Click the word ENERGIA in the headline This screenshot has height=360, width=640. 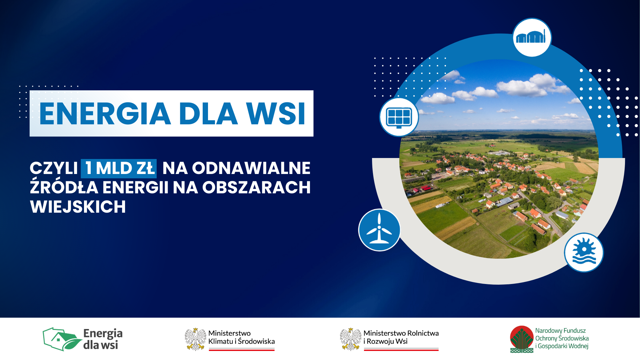pyautogui.click(x=105, y=114)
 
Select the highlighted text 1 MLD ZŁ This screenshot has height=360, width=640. pyautogui.click(x=119, y=168)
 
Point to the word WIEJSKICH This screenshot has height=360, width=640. pyautogui.click(x=78, y=207)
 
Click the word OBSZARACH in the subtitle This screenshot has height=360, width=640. pyautogui.click(x=256, y=187)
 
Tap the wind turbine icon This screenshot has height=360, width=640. pyautogui.click(x=379, y=230)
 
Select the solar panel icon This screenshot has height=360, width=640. pyautogui.click(x=399, y=117)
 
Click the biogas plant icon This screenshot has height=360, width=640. pyautogui.click(x=532, y=37)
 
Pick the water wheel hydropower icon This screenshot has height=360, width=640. pyautogui.click(x=584, y=252)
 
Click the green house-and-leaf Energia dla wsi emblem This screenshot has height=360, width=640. pyautogui.click(x=62, y=339)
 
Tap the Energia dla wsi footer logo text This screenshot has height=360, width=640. pyautogui.click(x=103, y=339)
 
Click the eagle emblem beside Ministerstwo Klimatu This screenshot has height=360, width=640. pyautogui.click(x=195, y=339)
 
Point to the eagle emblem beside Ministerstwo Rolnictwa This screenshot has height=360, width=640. pyautogui.click(x=350, y=339)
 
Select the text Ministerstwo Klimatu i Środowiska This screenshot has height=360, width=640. pyautogui.click(x=242, y=337)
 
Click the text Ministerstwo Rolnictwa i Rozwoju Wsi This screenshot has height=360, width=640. pyautogui.click(x=401, y=337)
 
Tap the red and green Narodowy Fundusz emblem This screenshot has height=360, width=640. pyautogui.click(x=522, y=339)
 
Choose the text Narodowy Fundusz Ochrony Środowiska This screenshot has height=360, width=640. pyautogui.click(x=562, y=334)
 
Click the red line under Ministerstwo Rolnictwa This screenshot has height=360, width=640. pyautogui.click(x=401, y=350)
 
